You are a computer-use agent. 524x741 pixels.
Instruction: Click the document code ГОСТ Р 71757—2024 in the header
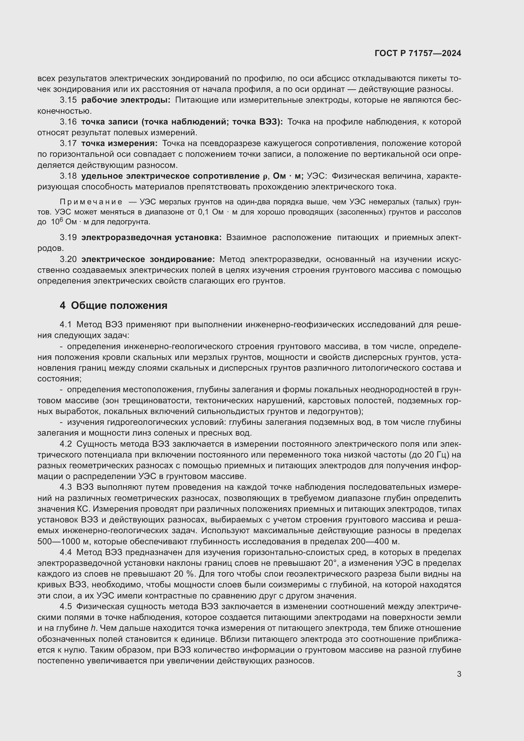[x=418, y=54]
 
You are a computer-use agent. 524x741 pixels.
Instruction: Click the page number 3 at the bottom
[x=459, y=674]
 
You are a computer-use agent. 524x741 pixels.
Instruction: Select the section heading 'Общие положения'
[x=119, y=305]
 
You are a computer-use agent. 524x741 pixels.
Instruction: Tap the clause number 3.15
[x=68, y=100]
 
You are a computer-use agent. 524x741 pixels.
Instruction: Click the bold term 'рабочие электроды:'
[x=126, y=100]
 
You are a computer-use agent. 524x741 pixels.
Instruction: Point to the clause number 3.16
[x=68, y=122]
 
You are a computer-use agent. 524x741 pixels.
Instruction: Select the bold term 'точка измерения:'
[x=119, y=143]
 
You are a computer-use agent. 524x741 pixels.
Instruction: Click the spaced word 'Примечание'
[x=91, y=202]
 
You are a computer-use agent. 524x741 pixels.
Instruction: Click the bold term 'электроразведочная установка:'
[x=151, y=238]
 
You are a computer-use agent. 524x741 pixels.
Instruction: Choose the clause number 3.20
[x=68, y=259]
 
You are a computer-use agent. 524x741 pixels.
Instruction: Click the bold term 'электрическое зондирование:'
[x=148, y=259]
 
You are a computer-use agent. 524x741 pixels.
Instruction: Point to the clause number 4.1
[x=66, y=324]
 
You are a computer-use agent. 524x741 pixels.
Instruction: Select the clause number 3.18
[x=68, y=176]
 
